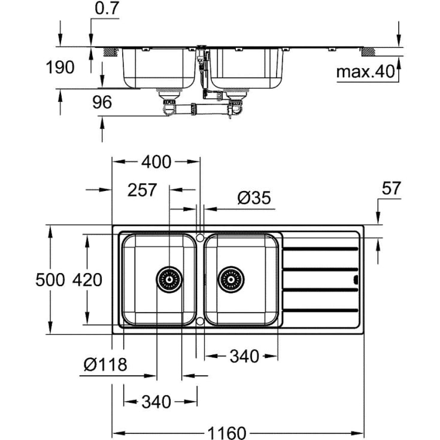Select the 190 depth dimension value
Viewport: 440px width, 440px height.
(60, 67)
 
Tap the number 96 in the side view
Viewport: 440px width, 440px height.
(102, 102)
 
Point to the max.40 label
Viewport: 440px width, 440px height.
(365, 72)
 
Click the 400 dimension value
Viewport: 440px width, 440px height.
(156, 162)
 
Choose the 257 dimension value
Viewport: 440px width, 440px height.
(142, 190)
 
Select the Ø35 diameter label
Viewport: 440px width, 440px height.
(254, 198)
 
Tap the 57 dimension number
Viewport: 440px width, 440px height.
(391, 189)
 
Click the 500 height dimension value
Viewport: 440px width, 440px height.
(50, 280)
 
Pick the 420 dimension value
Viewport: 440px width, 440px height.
(87, 280)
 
